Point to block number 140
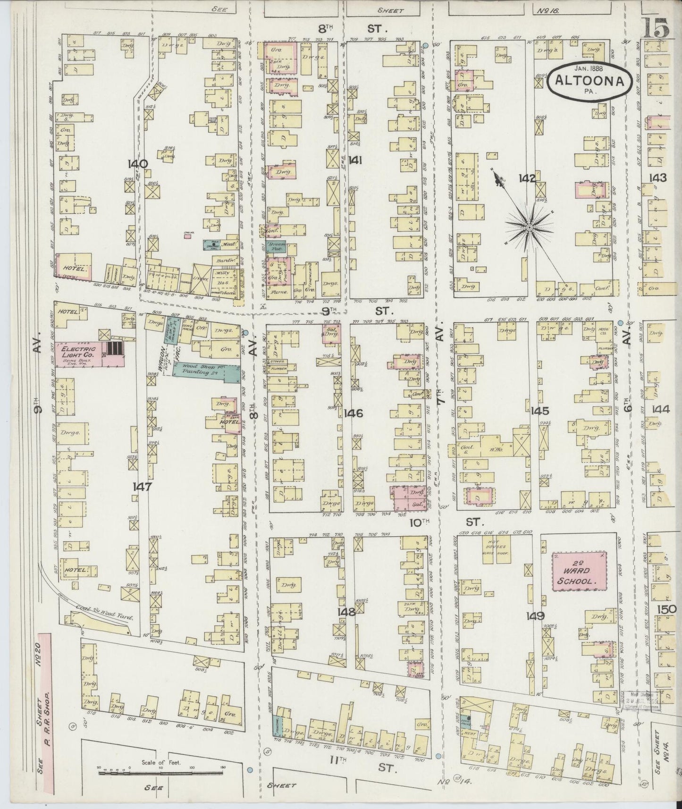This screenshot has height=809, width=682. click(x=138, y=164)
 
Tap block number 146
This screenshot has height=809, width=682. click(x=353, y=414)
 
